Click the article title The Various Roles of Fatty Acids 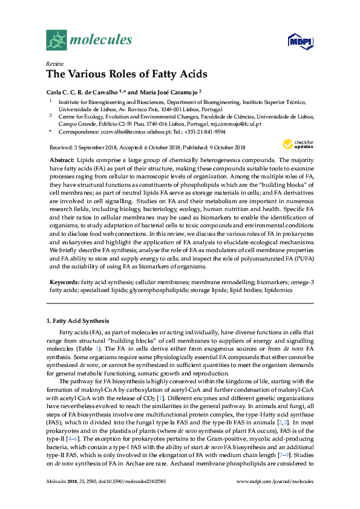click(x=126, y=74)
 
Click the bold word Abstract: click(x=62, y=160)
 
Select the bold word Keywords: click(x=64, y=282)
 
